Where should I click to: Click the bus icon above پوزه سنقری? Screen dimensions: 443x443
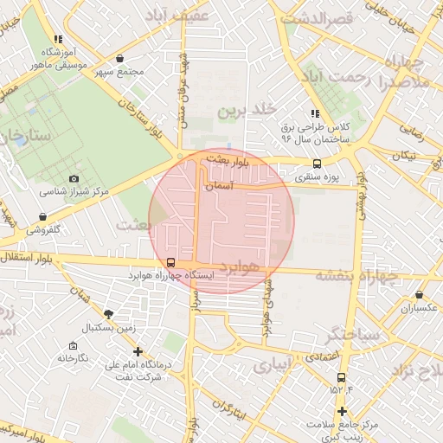tap(317, 164)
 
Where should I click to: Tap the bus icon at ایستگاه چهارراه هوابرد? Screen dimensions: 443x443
tap(170, 262)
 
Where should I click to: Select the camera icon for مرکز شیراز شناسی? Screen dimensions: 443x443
tap(74, 177)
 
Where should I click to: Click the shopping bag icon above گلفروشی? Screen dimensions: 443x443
tap(42, 216)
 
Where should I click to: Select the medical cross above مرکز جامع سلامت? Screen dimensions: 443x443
tap(343, 411)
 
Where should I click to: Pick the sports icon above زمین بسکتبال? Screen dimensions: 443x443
tap(107, 314)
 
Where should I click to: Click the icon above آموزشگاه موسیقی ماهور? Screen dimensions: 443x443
tap(58, 39)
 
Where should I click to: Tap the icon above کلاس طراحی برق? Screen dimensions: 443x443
tap(316, 112)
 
